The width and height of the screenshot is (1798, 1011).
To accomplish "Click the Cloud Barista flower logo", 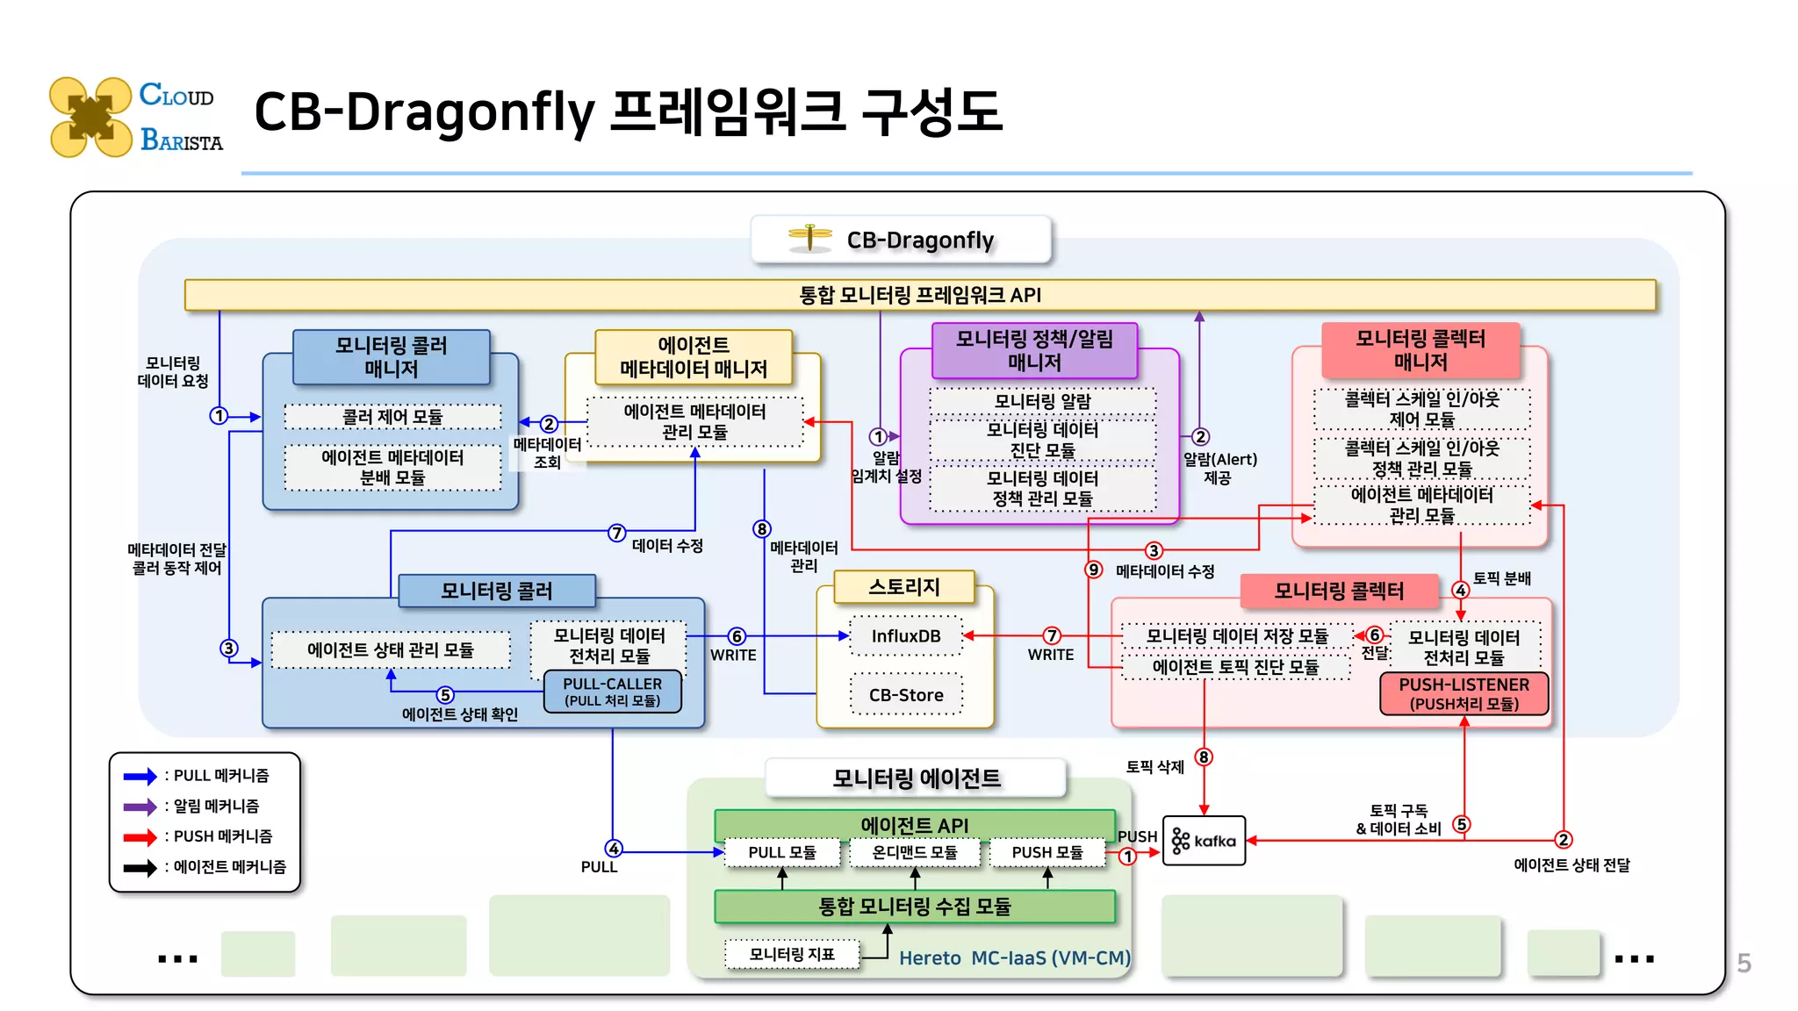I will point(90,117).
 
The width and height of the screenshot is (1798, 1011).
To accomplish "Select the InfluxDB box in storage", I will point(905,636).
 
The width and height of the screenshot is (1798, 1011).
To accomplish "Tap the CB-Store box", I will point(905,695).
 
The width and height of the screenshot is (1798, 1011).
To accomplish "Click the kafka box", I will point(1204,841).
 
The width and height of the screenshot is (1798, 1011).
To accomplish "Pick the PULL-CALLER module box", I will point(612,692).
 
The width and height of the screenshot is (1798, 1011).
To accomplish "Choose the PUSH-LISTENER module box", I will point(1464,693).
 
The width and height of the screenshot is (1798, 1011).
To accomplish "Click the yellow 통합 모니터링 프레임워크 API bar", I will point(919,295).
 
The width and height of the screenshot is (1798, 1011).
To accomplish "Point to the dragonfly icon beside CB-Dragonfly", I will point(809,238).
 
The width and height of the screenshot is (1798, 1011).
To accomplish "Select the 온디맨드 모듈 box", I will point(914,852).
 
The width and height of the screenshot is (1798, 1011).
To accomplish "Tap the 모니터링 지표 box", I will point(791,954).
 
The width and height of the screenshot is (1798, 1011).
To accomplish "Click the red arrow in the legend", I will point(140,837).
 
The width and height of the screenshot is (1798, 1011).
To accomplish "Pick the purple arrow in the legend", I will point(140,807).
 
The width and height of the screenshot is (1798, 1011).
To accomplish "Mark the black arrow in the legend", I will point(140,868).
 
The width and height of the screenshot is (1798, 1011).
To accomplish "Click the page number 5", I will point(1744,964).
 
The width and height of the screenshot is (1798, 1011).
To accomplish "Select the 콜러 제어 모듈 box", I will point(392,417).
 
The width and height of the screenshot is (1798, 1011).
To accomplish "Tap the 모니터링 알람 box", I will point(1042,401).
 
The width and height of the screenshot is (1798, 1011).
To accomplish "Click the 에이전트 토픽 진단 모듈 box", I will point(1235,667).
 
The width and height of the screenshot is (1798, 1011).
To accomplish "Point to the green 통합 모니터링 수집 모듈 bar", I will point(914,907).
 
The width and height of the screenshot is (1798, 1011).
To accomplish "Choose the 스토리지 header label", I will point(903,587).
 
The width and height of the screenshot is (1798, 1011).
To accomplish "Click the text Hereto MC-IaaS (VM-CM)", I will point(1014,957).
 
